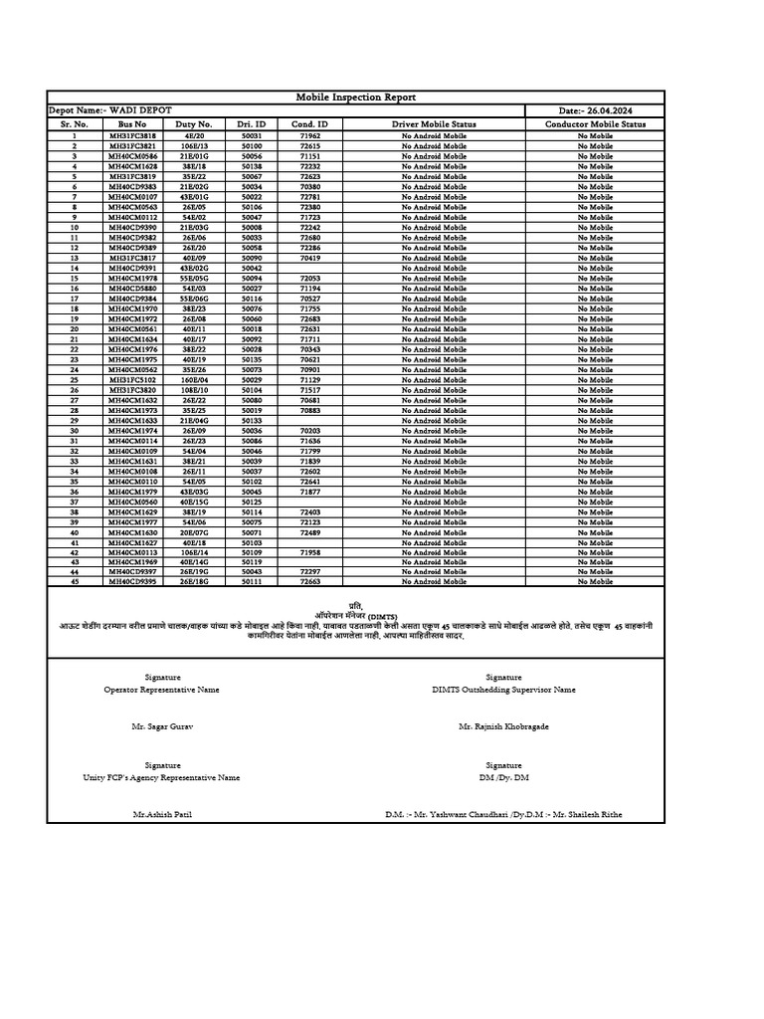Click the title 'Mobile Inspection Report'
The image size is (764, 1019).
point(356,98)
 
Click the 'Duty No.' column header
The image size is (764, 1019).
point(194,124)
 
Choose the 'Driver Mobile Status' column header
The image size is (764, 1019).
point(434,124)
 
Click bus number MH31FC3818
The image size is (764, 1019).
point(132,135)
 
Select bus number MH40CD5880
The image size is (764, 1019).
point(132,289)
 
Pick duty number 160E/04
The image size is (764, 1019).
point(194,380)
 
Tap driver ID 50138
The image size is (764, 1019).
point(252,166)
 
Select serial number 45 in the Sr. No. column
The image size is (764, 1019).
point(74,582)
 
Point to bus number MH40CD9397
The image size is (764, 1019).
point(132,572)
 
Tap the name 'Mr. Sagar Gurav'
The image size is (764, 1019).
point(162,726)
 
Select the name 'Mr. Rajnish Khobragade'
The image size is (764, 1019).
point(503,726)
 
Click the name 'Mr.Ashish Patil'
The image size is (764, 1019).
point(162,814)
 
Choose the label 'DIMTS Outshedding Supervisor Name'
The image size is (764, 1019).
point(503,689)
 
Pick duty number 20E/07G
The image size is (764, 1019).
point(194,532)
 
